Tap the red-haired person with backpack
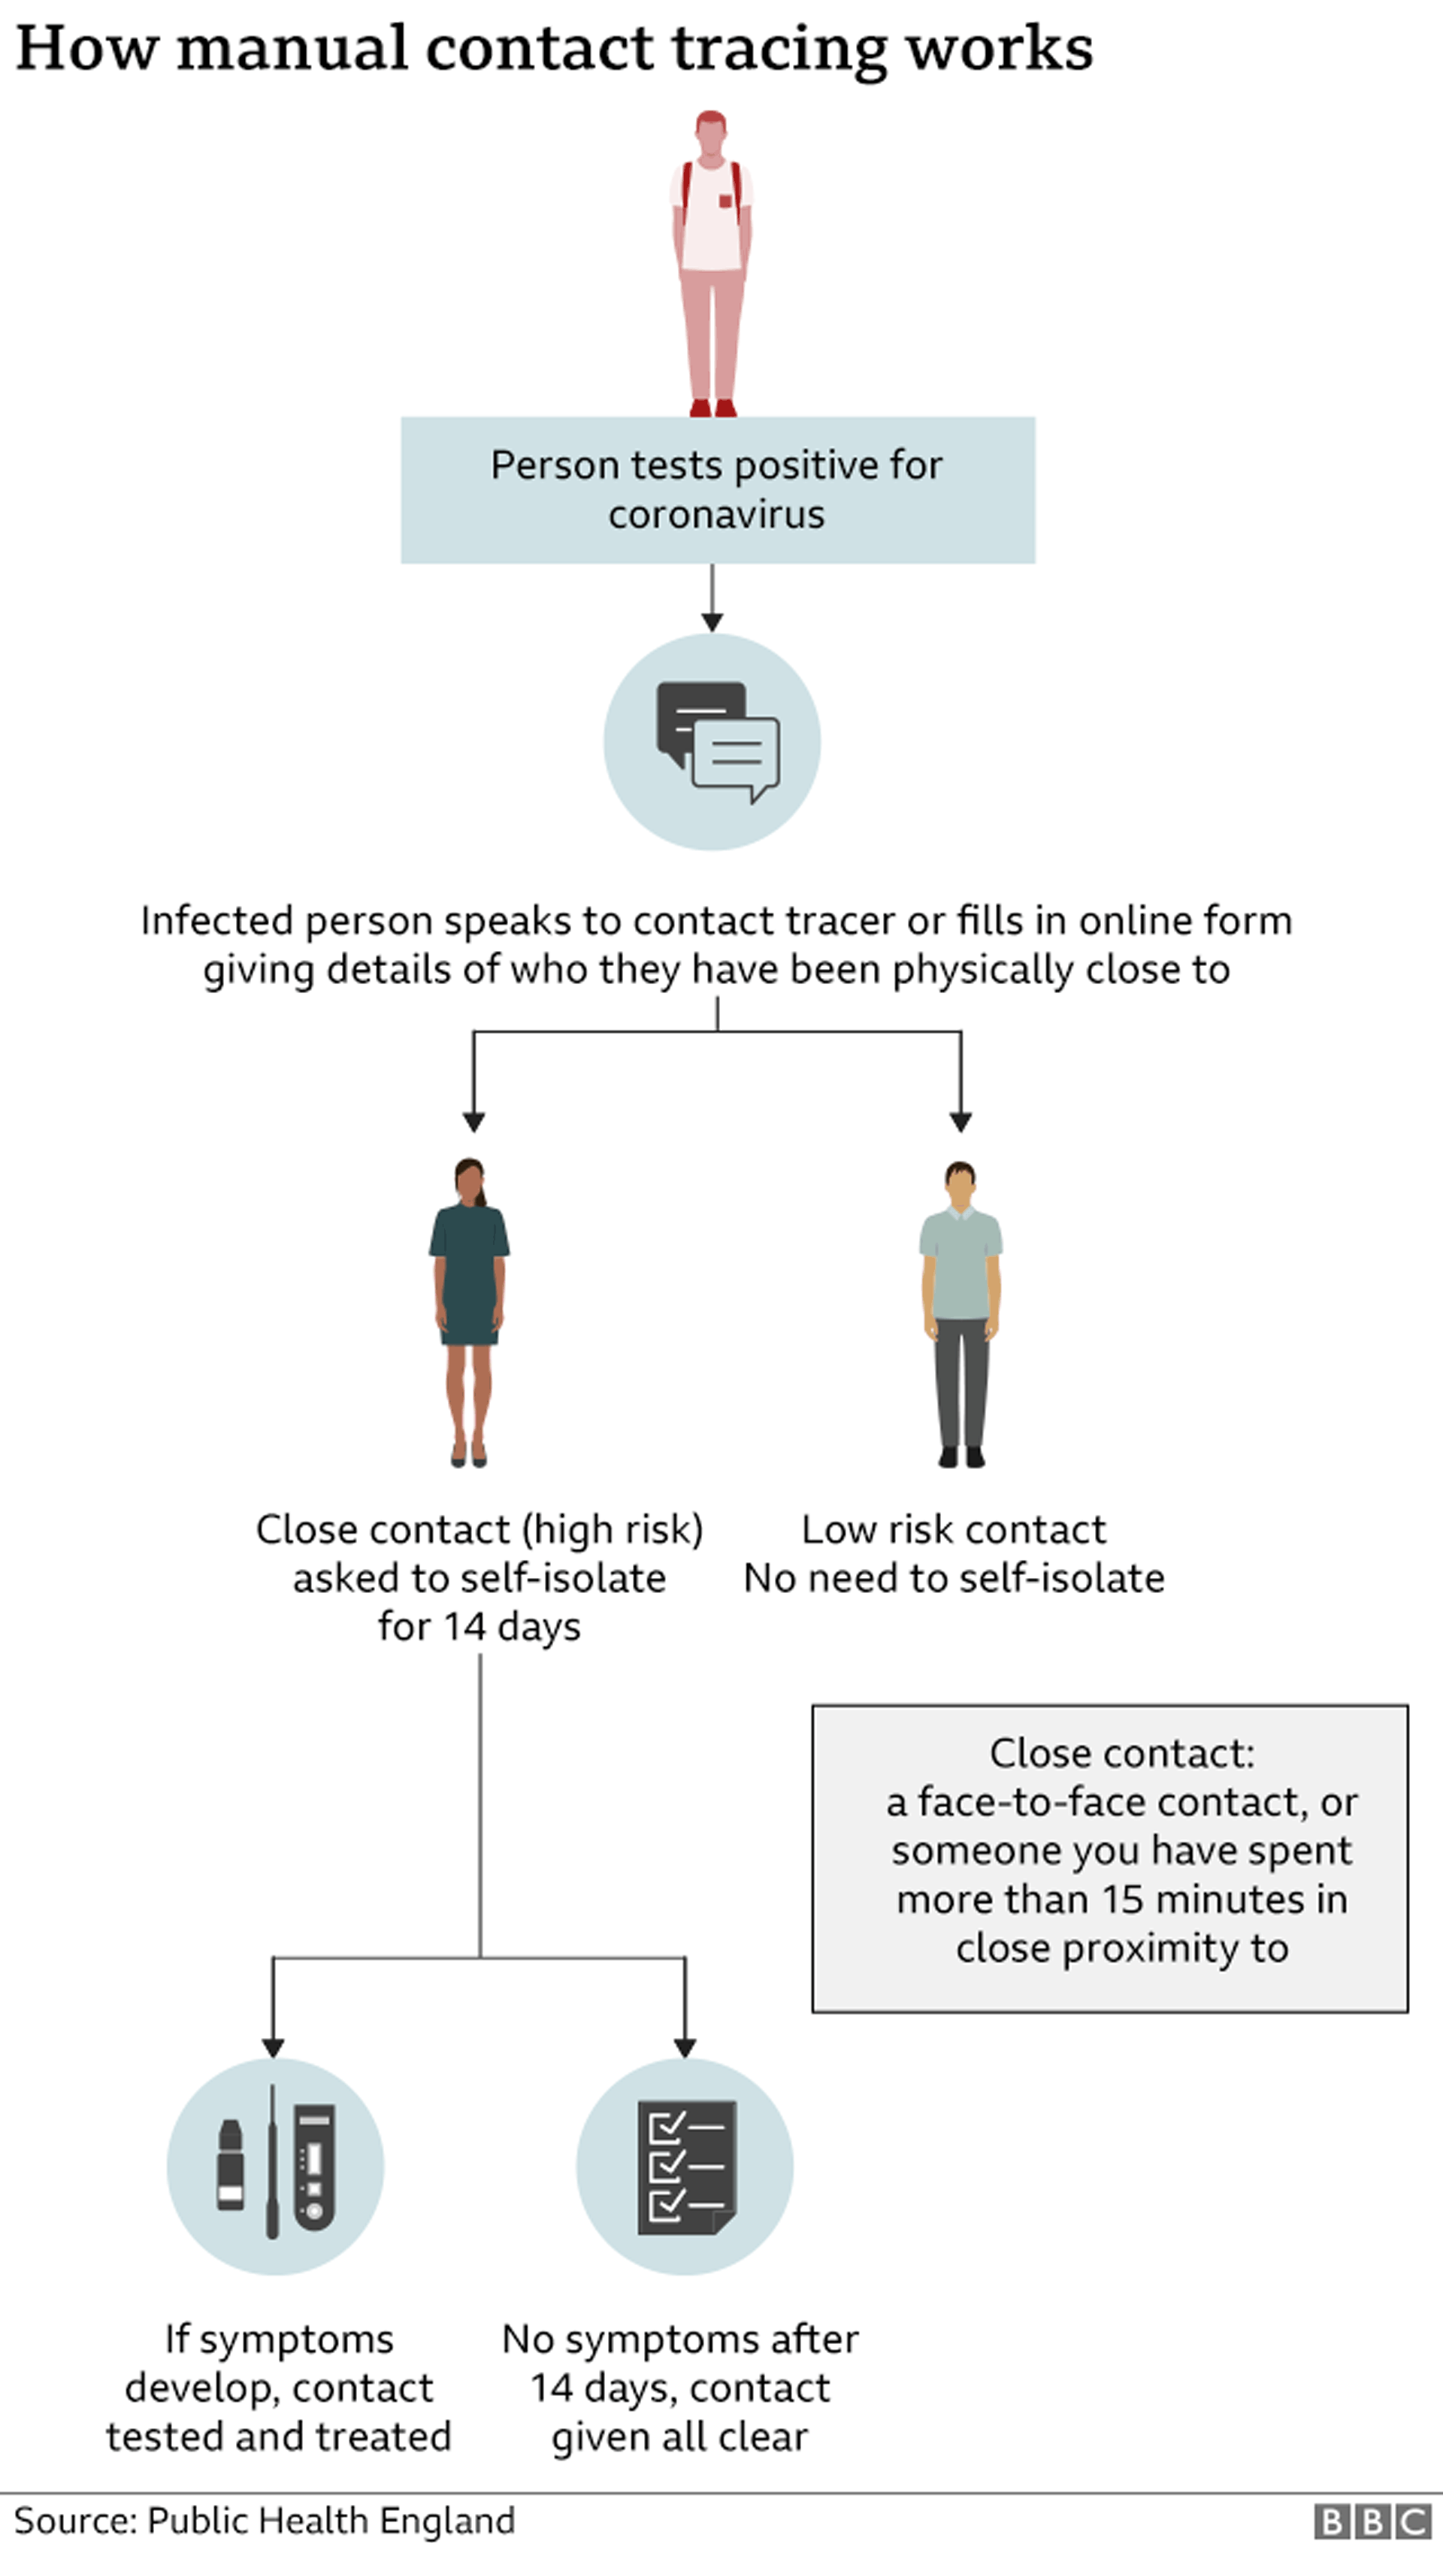click(x=712, y=262)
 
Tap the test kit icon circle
click(x=276, y=2166)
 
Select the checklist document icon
click(x=686, y=2167)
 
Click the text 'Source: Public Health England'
click(x=265, y=2520)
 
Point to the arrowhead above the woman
click(x=473, y=1122)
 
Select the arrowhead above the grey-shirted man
click(x=960, y=1122)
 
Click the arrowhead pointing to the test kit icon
click(x=274, y=2048)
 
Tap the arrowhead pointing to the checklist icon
click(x=685, y=2048)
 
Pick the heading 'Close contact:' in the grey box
click(x=1122, y=1753)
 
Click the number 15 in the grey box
click(x=1123, y=1899)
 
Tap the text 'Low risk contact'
click(x=954, y=1529)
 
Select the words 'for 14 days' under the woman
click(x=479, y=1626)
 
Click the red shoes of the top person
click(x=712, y=407)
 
